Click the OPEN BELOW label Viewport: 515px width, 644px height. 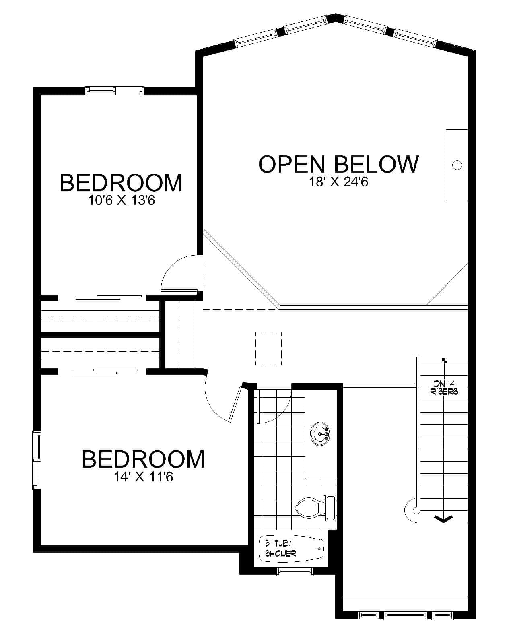pos(338,164)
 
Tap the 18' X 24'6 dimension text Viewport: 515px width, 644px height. pos(338,182)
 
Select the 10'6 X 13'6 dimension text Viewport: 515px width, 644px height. pos(122,200)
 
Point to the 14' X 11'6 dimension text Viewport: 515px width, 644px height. pos(143,477)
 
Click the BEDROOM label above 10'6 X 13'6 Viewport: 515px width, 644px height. pos(121,182)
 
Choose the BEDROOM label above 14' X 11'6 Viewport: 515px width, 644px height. pos(143,459)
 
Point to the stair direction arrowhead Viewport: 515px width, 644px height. pos(443,519)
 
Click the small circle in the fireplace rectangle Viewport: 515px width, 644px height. pos(457,165)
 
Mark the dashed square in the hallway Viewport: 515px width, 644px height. pos(268,349)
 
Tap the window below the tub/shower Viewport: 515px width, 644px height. pos(295,570)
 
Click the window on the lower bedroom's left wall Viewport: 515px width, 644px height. pos(37,460)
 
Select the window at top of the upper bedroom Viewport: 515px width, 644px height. pos(115,91)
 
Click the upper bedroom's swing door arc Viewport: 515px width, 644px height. pos(177,274)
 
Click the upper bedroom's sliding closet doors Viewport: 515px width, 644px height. pos(109,297)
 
